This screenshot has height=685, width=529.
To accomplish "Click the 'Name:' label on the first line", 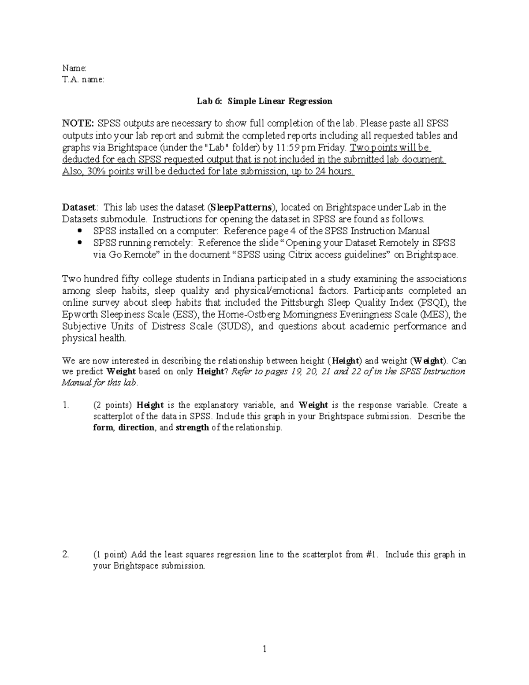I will pyautogui.click(x=75, y=68).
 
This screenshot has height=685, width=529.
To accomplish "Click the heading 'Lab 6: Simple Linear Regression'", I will pyautogui.click(x=264, y=101).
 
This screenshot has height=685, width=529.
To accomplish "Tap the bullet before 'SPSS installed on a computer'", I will pyautogui.click(x=79, y=231).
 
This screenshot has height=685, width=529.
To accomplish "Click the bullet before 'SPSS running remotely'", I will pyautogui.click(x=79, y=243).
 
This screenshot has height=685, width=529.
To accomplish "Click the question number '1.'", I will pyautogui.click(x=66, y=405).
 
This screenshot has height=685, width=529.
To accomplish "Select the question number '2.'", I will pyautogui.click(x=66, y=554).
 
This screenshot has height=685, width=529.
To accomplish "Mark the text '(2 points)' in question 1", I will pyautogui.click(x=112, y=405).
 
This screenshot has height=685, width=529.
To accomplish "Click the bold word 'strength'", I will pyautogui.click(x=192, y=428).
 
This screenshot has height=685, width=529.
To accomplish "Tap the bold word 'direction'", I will pyautogui.click(x=137, y=428).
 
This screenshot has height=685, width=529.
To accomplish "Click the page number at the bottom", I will pyautogui.click(x=264, y=649).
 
